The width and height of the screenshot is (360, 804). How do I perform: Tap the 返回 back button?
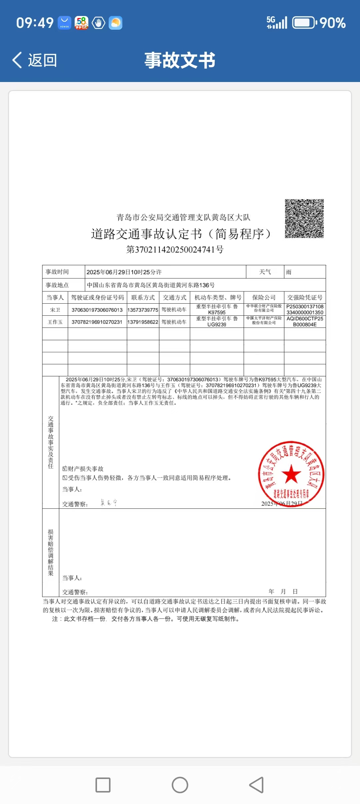[x=35, y=60]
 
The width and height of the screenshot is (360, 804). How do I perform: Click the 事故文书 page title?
[x=180, y=60]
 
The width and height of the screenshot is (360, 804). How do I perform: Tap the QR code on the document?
[x=304, y=219]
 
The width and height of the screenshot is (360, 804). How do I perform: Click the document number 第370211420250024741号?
[x=175, y=249]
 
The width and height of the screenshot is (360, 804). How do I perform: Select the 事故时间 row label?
[x=57, y=272]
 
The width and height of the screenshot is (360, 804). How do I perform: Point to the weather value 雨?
[x=289, y=272]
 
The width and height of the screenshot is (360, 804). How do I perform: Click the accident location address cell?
[x=151, y=285]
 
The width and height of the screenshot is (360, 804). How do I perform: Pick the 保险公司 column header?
[x=264, y=297]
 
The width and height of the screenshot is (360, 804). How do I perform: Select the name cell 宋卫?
[x=55, y=310]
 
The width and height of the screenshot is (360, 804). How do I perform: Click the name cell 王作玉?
[x=55, y=322]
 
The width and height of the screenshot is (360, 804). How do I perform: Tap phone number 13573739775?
[x=143, y=310]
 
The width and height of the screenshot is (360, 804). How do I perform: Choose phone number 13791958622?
[x=143, y=322]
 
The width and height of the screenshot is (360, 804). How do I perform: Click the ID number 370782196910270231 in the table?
[x=97, y=322]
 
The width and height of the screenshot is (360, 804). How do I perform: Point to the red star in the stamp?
[x=291, y=474]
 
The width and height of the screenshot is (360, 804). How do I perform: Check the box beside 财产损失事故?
[x=65, y=469]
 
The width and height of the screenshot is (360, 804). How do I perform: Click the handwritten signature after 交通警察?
[x=109, y=503]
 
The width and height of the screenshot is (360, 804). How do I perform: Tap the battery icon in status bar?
[x=304, y=23]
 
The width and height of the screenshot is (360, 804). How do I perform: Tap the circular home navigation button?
[x=180, y=785]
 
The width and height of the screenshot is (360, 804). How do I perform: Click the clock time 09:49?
[x=35, y=23]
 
